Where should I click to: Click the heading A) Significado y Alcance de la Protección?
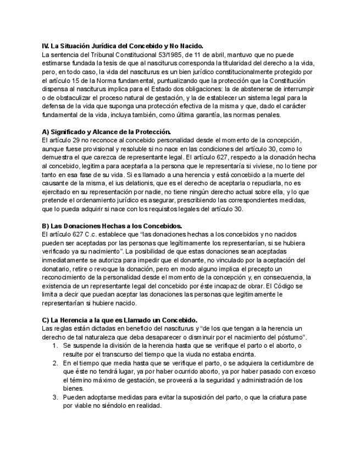(107, 132)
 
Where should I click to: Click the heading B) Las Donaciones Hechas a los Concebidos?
(112, 226)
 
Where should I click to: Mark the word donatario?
(58, 268)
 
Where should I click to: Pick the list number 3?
(55, 396)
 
